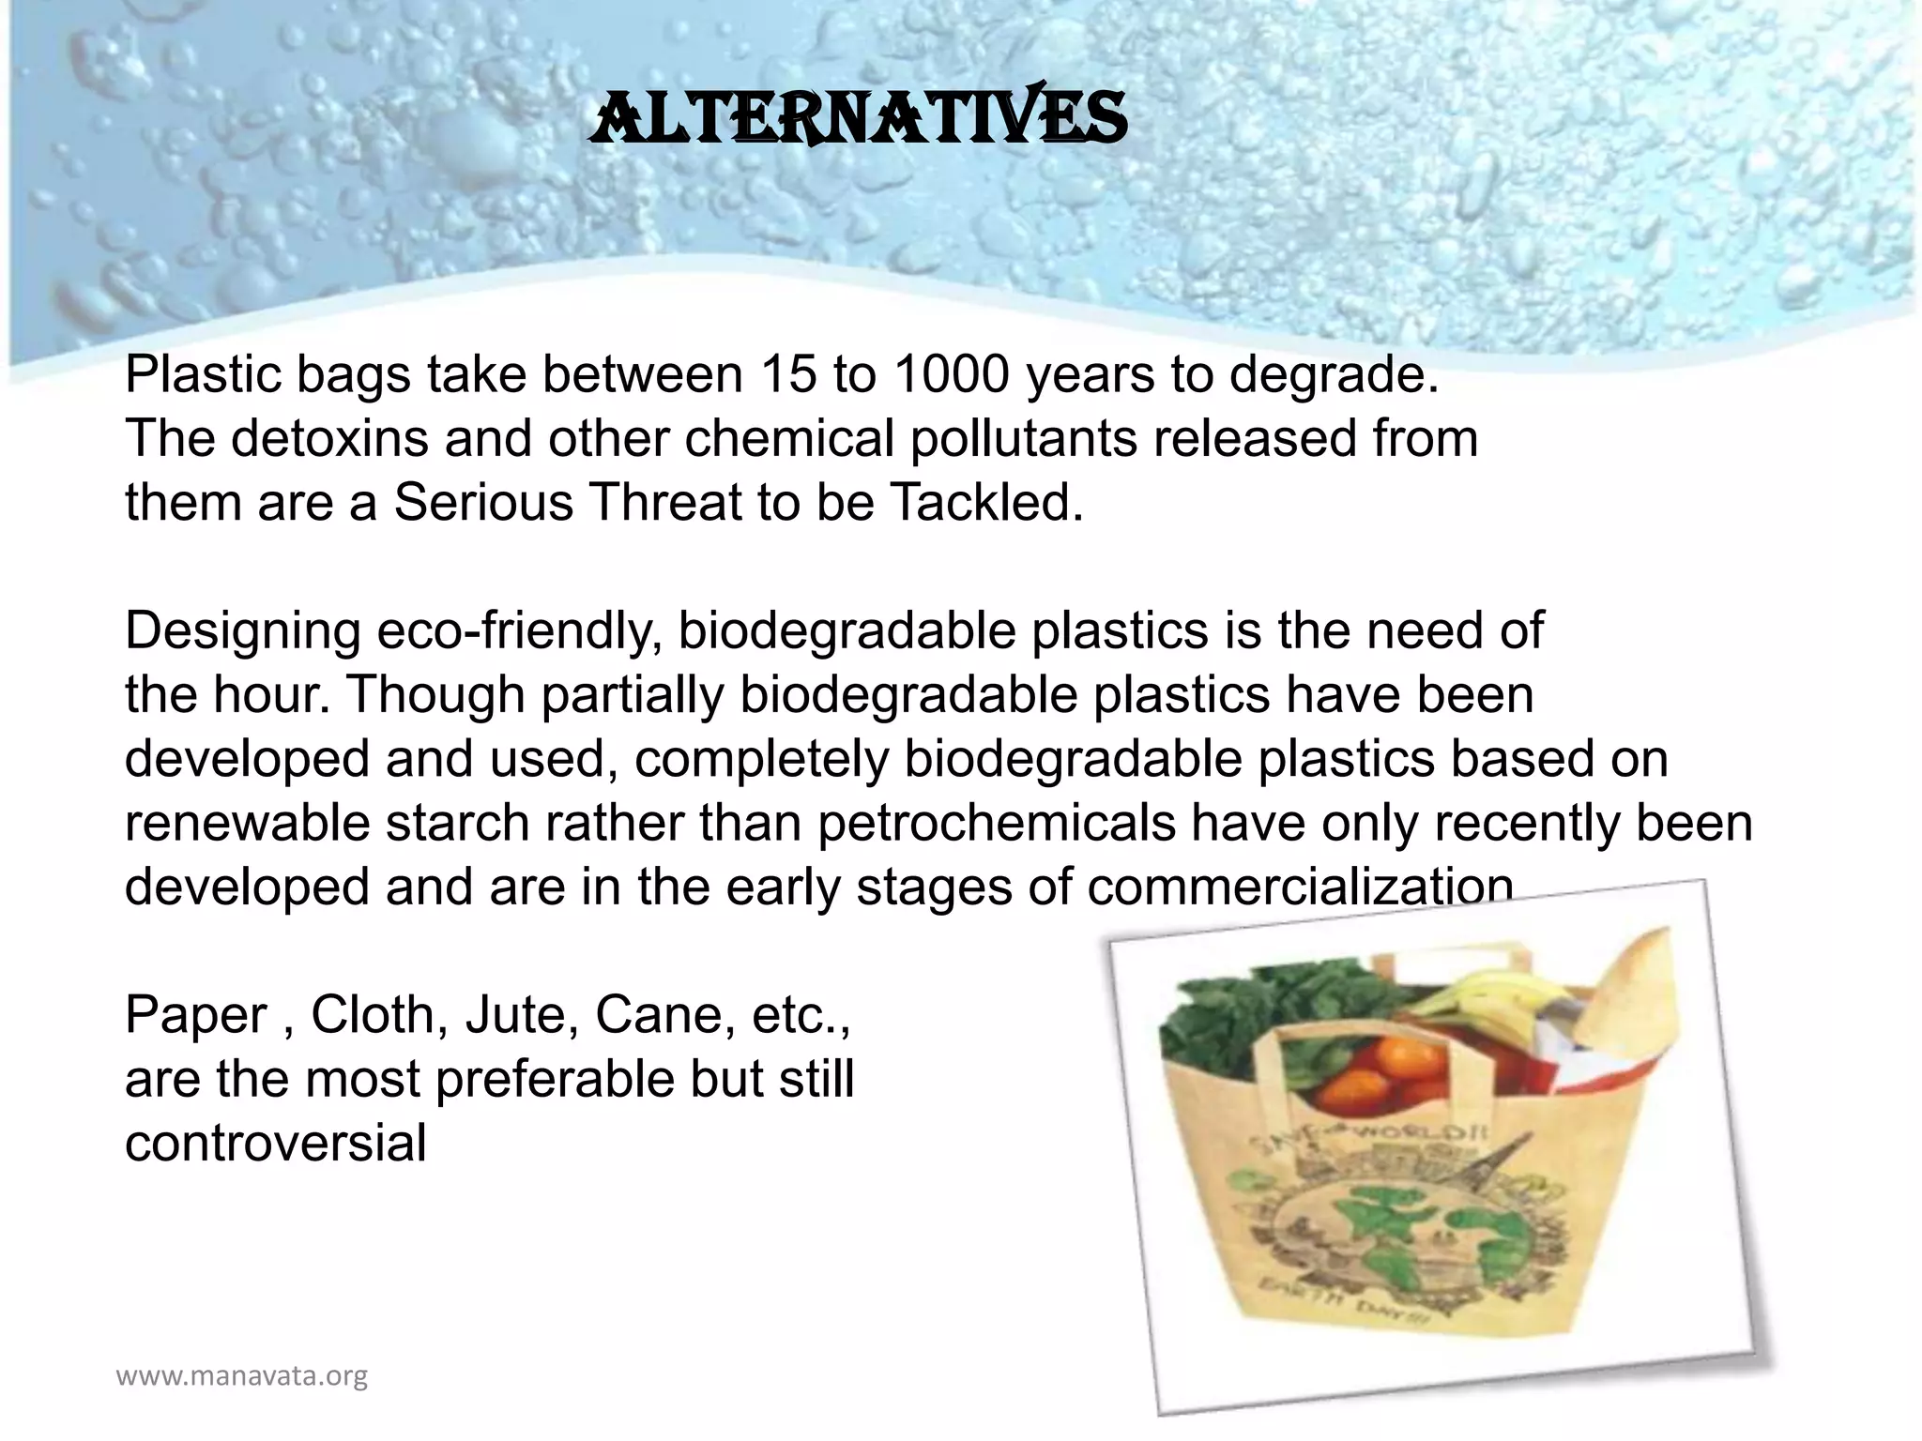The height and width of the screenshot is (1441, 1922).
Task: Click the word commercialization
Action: click(x=1300, y=887)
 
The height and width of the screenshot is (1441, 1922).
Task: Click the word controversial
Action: click(x=275, y=1144)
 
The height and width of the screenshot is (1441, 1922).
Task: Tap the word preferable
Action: click(x=555, y=1080)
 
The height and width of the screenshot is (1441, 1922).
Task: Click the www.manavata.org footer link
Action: click(x=241, y=1377)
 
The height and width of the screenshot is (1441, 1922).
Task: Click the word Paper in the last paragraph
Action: click(x=196, y=1015)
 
